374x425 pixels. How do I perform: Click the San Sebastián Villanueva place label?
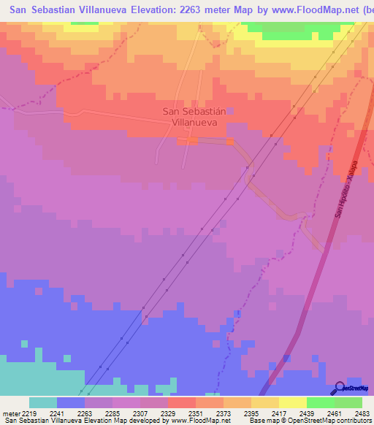click(194, 117)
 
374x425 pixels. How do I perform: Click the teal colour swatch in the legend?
click(43, 402)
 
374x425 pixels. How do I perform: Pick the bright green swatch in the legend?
click(320, 402)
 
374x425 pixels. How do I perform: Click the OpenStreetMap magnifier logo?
click(337, 388)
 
